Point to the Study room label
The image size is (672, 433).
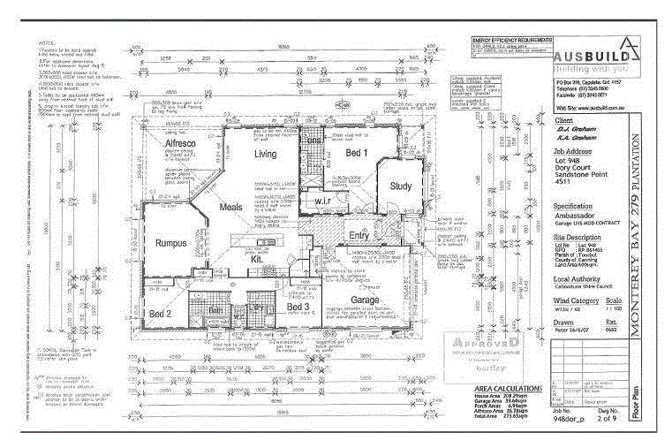401,186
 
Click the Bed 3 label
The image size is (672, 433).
298,307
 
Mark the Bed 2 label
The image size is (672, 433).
160,314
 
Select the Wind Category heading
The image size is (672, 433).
578,302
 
